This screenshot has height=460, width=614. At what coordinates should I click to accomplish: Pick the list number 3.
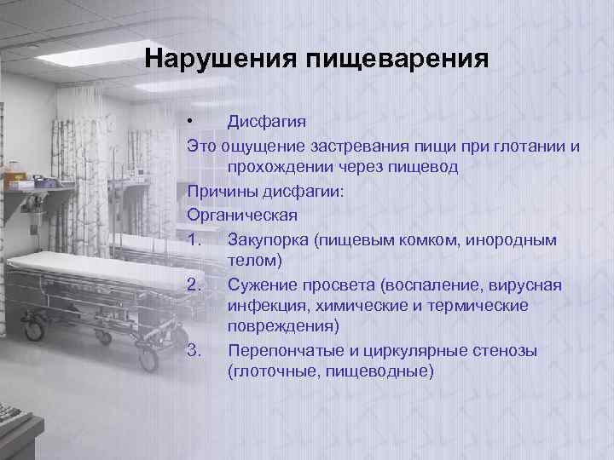click(195, 351)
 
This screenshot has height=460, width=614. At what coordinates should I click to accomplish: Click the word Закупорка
click(268, 240)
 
